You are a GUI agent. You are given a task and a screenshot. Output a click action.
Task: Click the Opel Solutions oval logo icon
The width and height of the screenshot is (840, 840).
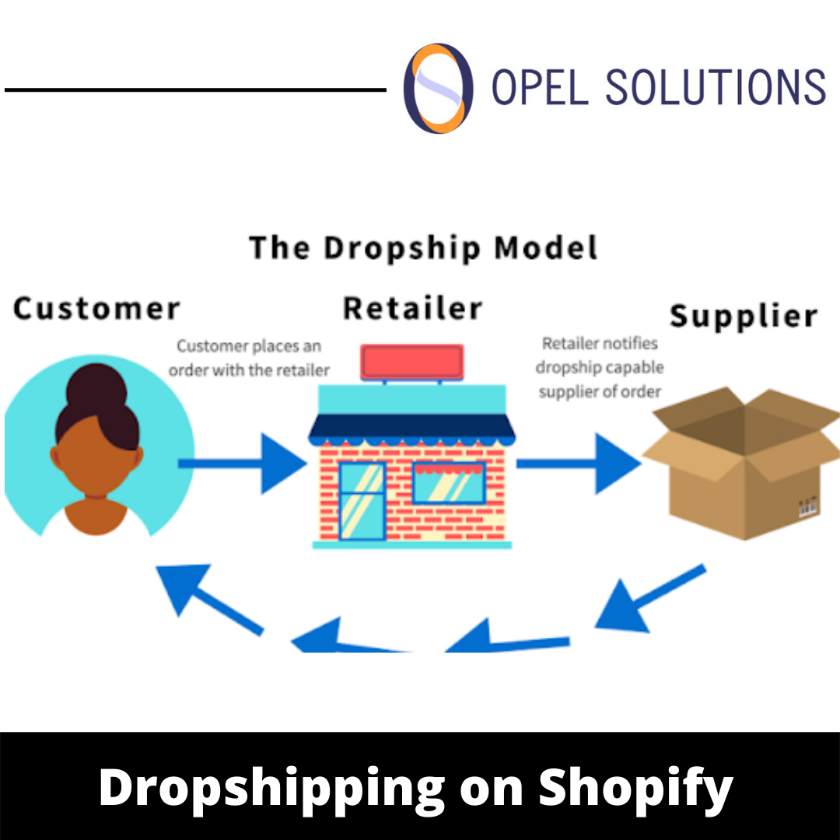click(x=438, y=87)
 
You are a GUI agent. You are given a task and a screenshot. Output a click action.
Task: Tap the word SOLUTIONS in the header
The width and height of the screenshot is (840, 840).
click(x=715, y=87)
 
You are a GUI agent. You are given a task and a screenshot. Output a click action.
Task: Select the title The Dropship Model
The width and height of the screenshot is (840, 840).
click(x=424, y=248)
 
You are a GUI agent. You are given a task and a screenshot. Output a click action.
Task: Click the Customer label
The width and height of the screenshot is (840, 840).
click(x=96, y=309)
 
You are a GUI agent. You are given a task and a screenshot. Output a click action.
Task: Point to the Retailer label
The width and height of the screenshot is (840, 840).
click(x=412, y=309)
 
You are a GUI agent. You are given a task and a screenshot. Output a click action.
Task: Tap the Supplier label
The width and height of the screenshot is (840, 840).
click(x=744, y=317)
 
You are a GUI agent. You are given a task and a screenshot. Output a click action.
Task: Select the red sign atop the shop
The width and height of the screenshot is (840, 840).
click(x=412, y=362)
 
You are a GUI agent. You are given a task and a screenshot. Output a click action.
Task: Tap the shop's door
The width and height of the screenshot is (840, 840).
click(x=362, y=501)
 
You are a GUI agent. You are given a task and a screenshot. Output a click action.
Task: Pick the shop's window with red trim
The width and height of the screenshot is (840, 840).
click(x=449, y=482)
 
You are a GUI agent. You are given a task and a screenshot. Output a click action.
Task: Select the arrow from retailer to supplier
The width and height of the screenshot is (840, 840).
click(x=579, y=464)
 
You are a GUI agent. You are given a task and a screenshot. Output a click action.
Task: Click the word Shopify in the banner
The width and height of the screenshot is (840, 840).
click(x=635, y=787)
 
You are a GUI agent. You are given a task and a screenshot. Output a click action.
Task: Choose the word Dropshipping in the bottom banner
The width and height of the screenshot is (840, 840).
click(x=271, y=787)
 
